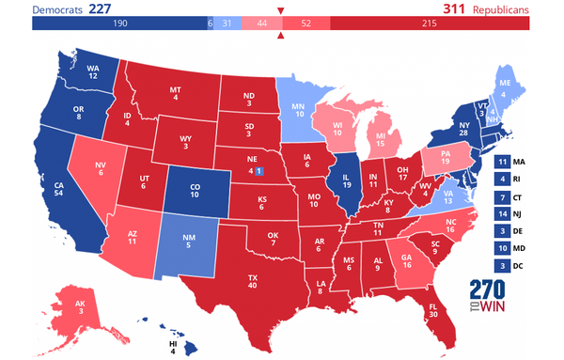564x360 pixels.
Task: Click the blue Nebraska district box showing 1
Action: coord(259,171)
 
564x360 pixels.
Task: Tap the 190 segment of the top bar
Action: coord(118,23)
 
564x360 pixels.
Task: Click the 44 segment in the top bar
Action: coord(260,23)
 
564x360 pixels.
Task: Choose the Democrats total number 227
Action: coord(102,8)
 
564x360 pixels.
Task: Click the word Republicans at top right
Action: coord(502,8)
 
